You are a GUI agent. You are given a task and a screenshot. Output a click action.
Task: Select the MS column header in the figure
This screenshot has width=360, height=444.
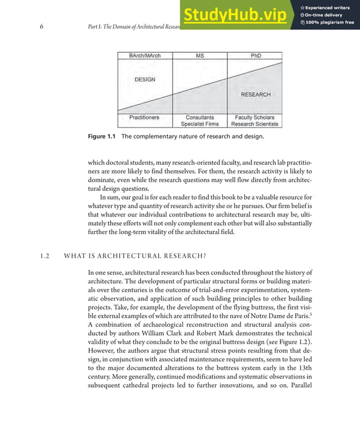(x=200, y=56)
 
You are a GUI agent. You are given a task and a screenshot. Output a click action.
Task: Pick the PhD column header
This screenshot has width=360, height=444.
(x=255, y=56)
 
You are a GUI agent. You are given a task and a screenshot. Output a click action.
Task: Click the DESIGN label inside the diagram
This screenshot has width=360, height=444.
(x=144, y=80)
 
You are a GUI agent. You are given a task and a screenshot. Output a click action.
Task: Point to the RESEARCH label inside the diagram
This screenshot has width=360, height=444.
(x=256, y=95)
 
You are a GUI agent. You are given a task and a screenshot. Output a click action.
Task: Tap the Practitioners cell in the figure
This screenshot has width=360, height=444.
(x=144, y=117)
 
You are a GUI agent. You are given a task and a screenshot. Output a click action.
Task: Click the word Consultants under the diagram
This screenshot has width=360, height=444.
(x=199, y=117)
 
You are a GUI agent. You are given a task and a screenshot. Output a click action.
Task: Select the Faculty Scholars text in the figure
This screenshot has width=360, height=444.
(x=255, y=117)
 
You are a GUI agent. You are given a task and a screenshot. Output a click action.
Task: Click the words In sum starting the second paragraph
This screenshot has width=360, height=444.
(x=110, y=197)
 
